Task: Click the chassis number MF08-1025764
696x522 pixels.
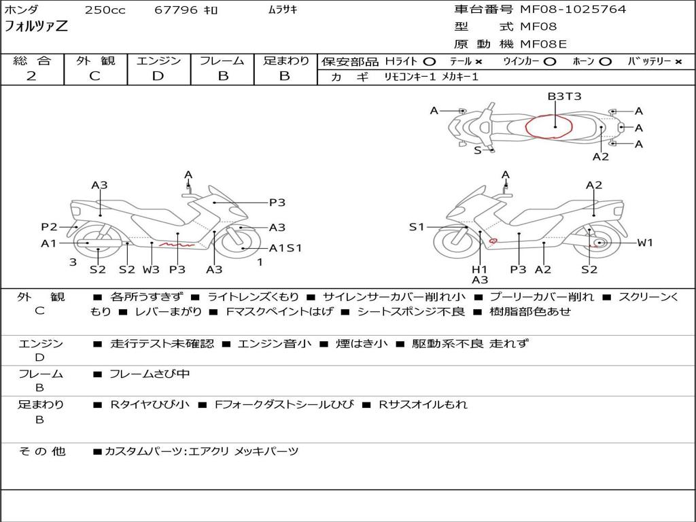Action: pos(573,10)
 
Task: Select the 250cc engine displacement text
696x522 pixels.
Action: pos(105,10)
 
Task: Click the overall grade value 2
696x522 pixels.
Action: pos(31,76)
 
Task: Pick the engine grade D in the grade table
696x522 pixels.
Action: pos(158,76)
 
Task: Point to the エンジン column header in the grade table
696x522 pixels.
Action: pos(158,61)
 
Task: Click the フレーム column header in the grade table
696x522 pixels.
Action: pos(222,61)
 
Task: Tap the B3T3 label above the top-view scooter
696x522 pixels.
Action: pos(564,97)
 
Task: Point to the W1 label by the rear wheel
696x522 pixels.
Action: pos(644,243)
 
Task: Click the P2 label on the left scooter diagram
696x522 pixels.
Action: pos(49,227)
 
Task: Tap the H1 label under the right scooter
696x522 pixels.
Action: pos(480,269)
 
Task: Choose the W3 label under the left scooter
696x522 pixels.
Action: pos(151,269)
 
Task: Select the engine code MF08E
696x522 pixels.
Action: pos(543,44)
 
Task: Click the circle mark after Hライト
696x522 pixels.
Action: pos(430,61)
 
